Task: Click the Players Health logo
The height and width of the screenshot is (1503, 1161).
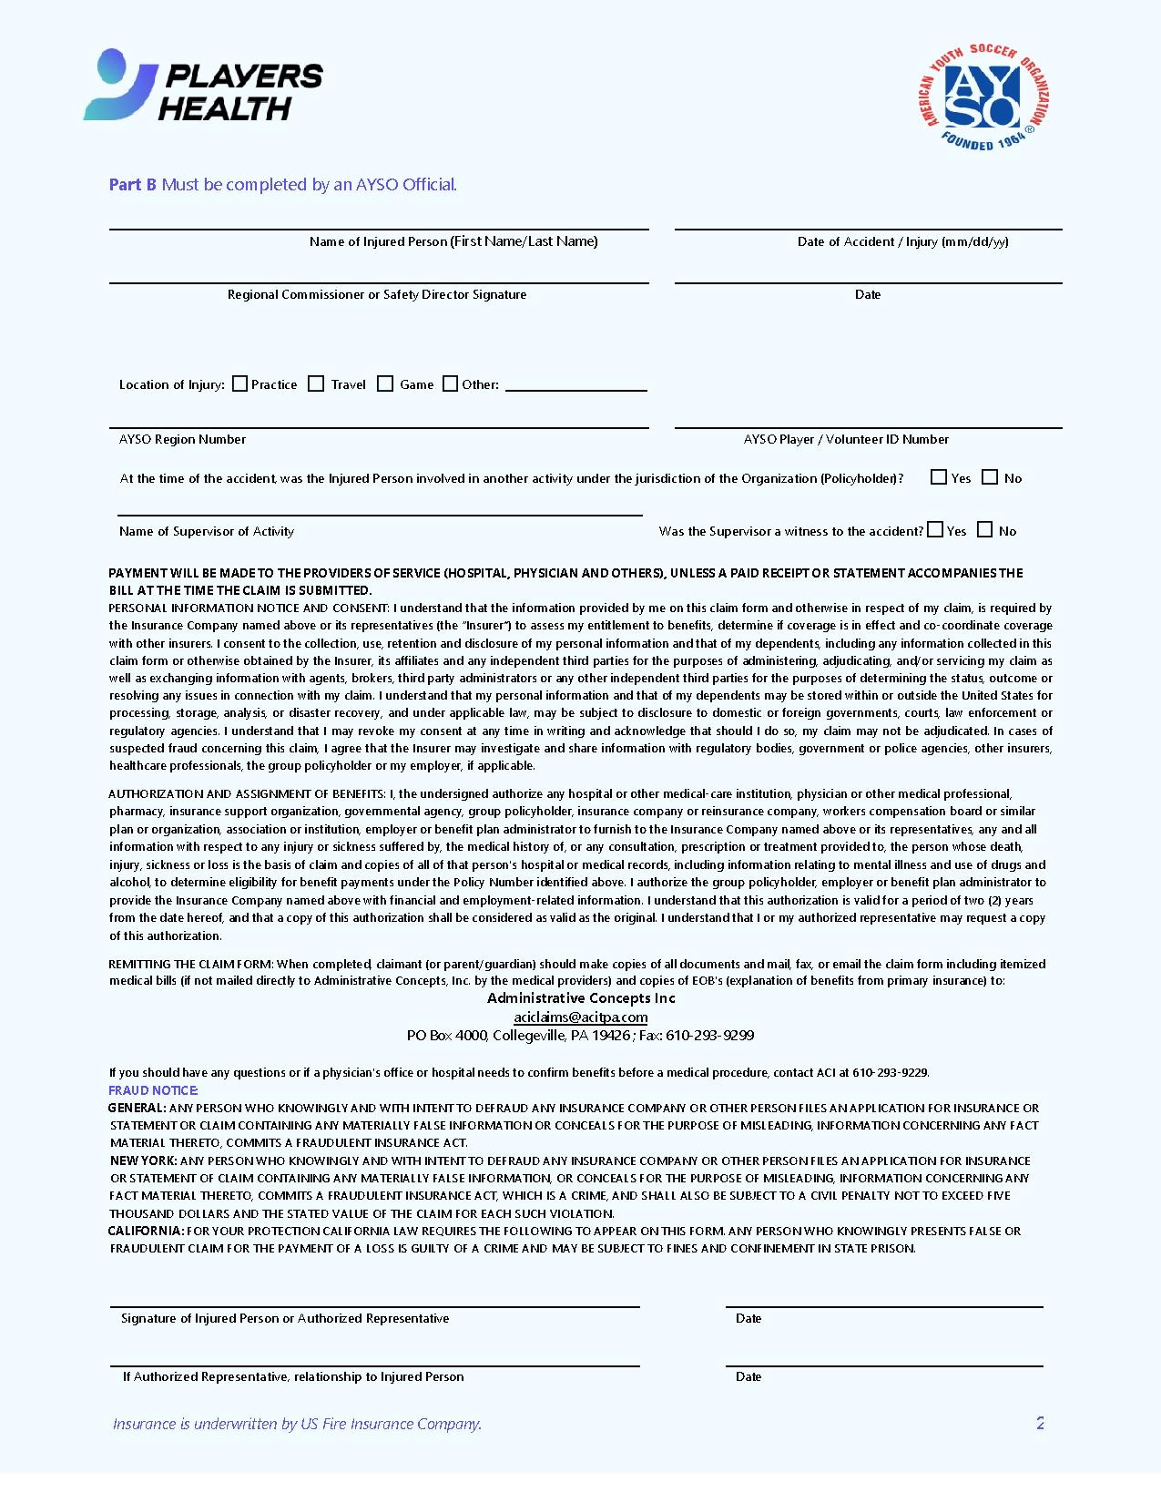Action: (x=203, y=87)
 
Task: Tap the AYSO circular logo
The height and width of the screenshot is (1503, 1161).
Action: (x=983, y=97)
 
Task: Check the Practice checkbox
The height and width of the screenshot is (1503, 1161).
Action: (x=240, y=383)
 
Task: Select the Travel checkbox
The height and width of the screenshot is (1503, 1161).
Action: (x=316, y=383)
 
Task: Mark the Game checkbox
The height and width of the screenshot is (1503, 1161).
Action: (x=385, y=383)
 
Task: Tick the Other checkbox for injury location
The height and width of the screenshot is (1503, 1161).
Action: (x=450, y=383)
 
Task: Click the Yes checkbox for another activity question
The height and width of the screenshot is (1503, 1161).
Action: (x=939, y=476)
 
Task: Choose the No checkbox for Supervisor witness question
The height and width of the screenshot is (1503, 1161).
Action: (x=984, y=529)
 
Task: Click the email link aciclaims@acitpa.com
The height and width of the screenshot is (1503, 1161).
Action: (x=580, y=1017)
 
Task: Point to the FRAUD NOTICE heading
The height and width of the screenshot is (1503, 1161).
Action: (x=153, y=1090)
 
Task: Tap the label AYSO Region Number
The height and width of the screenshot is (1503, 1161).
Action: (x=182, y=439)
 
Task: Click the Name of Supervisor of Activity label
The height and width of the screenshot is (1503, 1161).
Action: (x=207, y=531)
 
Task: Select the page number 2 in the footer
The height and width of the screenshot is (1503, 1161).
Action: (x=1040, y=1423)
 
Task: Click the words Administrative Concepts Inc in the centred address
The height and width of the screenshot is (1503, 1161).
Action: (x=581, y=998)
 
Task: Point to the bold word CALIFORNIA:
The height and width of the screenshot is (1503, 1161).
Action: (x=146, y=1231)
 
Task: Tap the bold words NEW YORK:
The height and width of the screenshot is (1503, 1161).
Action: (x=144, y=1160)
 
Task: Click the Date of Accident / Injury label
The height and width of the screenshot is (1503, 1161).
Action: (x=902, y=241)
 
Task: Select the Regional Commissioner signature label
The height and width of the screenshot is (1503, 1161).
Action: (x=377, y=294)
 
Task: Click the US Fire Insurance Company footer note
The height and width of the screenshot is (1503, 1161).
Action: (x=297, y=1424)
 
